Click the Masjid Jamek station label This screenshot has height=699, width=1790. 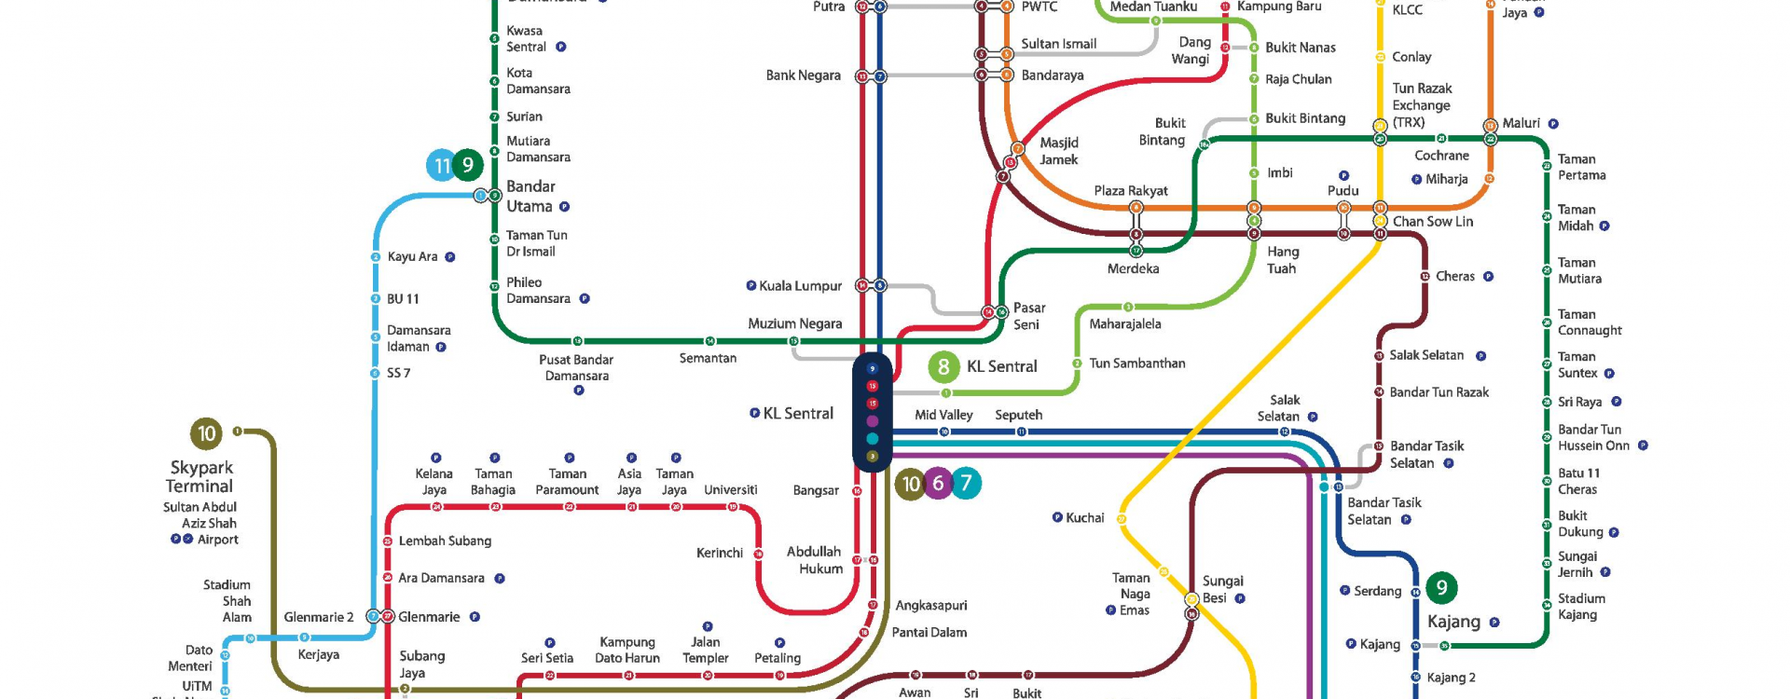point(1058,151)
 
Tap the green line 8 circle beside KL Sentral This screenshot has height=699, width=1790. point(943,366)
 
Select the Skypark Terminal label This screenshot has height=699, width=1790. point(200,476)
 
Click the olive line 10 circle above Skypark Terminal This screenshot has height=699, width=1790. point(206,433)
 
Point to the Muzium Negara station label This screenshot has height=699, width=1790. point(794,323)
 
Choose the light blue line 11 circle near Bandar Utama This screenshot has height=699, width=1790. point(441,166)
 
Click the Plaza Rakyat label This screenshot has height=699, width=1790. point(1130,191)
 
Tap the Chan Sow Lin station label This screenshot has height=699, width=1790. point(1432,222)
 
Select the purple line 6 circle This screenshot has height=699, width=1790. point(938,483)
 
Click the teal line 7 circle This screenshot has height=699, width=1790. point(966,483)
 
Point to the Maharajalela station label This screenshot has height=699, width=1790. point(1124,324)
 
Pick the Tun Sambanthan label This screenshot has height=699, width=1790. point(1136,363)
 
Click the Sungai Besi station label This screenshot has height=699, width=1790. point(1222,589)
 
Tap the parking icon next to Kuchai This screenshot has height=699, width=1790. point(1057,517)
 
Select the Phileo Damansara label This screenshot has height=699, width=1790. point(538,291)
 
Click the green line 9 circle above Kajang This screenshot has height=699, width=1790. point(1441,587)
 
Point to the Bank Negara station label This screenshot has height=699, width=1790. point(803,75)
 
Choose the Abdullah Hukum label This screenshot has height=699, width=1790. point(814,560)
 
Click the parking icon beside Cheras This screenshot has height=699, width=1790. point(1488,277)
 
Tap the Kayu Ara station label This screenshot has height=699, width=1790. point(412,257)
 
